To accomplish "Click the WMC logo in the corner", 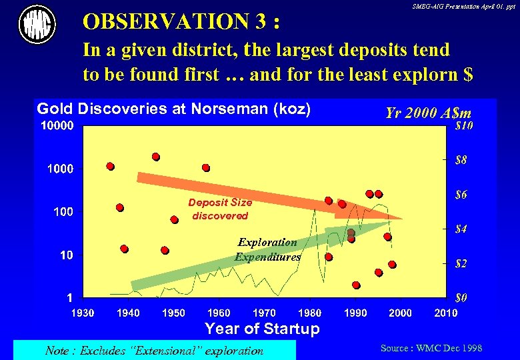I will pos(37,25).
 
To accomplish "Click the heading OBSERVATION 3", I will pos(181,22).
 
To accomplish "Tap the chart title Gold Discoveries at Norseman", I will pos(173,109).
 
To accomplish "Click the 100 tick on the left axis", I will pos(63,212).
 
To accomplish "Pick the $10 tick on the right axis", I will pos(464,125).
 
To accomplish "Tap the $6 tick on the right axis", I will pos(461,195).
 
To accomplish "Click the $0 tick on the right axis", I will pos(461,297).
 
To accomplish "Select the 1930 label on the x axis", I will pos(83,313).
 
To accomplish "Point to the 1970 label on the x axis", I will pos(265,313).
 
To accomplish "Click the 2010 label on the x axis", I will pos(445,313).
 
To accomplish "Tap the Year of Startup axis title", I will pos(262,329).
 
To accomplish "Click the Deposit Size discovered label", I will pos(220,209).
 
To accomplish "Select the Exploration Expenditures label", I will pos(267,249).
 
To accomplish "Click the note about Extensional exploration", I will pos(154,351).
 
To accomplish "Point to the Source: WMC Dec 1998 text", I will pos(431,348).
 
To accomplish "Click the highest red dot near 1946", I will pos(156,157).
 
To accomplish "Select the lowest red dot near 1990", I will pos(356,285).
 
